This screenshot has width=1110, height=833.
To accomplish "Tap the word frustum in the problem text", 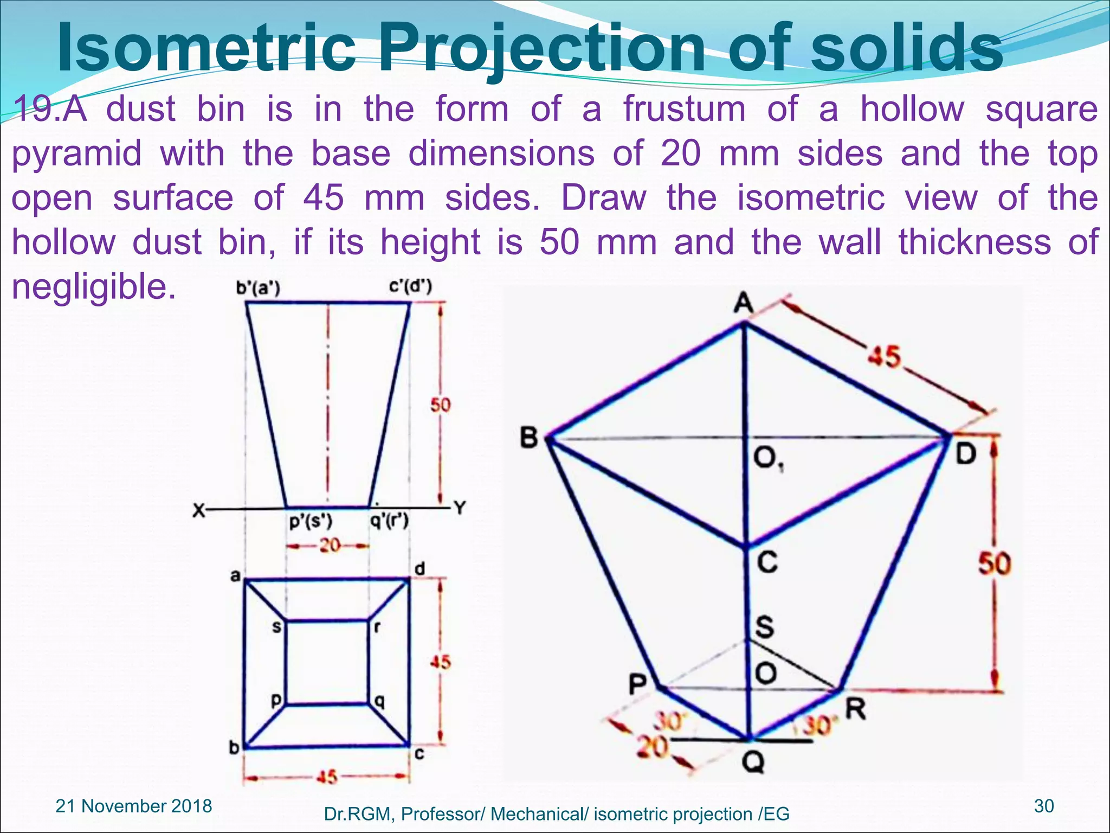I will point(685,109).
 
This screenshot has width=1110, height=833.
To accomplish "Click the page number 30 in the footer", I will point(1044,806).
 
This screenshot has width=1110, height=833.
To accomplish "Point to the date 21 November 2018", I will point(134,806).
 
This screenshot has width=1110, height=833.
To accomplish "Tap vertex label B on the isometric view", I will point(528,437).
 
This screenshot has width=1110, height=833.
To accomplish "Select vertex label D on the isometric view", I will point(965,453).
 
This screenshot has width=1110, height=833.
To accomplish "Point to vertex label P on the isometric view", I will point(638,684).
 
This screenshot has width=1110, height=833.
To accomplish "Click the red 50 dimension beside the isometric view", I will point(995,563).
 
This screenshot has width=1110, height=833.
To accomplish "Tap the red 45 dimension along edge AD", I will point(884,357).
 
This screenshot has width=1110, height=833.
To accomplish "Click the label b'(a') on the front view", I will point(258,289).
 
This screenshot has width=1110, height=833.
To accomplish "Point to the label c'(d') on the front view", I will point(410,286).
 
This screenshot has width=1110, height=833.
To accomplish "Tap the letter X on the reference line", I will point(199,510).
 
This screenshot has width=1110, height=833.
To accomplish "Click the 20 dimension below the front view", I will point(329,545).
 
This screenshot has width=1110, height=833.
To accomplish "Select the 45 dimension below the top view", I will point(327,777).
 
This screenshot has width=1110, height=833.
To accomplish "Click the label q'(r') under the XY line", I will point(389,522).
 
